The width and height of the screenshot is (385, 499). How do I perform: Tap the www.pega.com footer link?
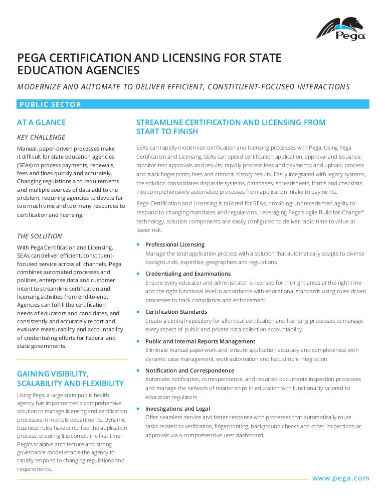(340, 478)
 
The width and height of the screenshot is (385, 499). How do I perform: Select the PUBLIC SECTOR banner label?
(50, 104)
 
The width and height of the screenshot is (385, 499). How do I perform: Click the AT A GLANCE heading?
(41, 122)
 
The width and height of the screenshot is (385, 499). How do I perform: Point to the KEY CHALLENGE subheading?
(41, 137)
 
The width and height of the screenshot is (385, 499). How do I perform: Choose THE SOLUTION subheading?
(40, 236)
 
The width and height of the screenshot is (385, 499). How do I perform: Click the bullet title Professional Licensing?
(175, 244)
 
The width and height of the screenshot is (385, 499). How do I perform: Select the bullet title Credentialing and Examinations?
(188, 274)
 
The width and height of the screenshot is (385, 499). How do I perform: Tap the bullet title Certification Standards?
(176, 312)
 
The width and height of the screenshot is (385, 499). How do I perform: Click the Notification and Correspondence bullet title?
(189, 370)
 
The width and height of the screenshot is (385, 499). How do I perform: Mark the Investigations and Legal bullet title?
(177, 409)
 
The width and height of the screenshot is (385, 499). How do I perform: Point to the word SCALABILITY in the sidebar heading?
(42, 384)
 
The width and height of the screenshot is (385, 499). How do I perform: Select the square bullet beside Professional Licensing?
(138, 244)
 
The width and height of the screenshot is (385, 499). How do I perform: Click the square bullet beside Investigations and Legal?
(138, 409)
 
